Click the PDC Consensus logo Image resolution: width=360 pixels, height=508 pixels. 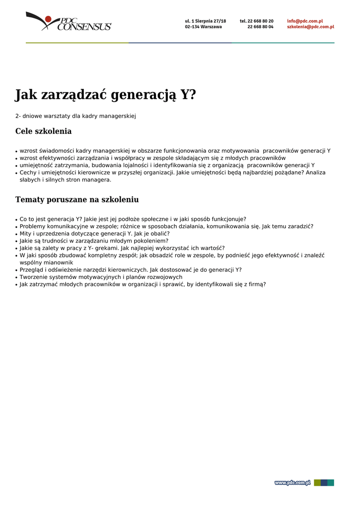coord(69,21)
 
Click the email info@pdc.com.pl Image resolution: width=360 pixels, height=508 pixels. coord(305,21)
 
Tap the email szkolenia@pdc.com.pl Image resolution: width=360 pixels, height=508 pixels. coord(310,27)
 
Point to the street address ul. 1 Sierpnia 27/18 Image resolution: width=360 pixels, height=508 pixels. coord(205,21)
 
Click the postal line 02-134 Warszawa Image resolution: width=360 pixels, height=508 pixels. coord(203,27)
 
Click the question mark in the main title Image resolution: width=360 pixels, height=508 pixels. coord(192,94)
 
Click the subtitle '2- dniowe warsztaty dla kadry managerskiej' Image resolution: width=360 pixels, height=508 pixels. coord(75,116)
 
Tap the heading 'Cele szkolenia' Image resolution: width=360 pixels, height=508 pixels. coord(44,131)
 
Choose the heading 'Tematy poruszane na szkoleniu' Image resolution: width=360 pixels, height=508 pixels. coord(77,199)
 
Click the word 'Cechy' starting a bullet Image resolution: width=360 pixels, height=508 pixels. coord(28,173)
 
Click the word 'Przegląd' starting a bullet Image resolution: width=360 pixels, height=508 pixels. coord(32,270)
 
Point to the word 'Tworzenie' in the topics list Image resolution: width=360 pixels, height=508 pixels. coord(33,277)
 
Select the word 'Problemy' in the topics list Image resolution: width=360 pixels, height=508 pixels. coord(33,226)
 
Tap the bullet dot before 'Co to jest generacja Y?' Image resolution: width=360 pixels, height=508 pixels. coord(16,219)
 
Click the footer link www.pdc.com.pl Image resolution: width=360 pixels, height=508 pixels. coord(292,483)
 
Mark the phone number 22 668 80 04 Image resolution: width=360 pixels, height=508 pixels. coord(260,27)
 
